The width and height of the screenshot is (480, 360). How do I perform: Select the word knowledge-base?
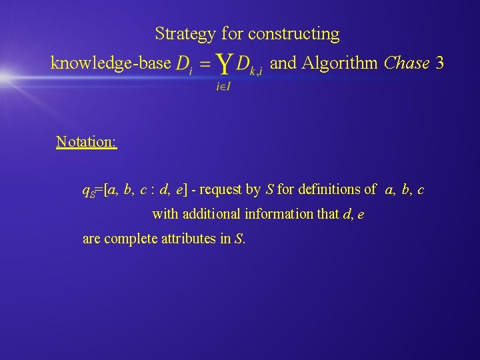[111, 63]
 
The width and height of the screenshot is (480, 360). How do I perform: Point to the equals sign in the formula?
[205, 65]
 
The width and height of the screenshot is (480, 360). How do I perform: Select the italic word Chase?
[407, 63]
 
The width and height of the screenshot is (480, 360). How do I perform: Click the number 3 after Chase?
[439, 63]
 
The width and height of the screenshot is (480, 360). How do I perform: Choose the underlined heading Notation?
[87, 142]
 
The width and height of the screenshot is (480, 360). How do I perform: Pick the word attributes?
[189, 239]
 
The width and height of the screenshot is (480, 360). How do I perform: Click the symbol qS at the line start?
[88, 191]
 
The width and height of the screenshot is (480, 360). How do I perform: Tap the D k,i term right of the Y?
[250, 65]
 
